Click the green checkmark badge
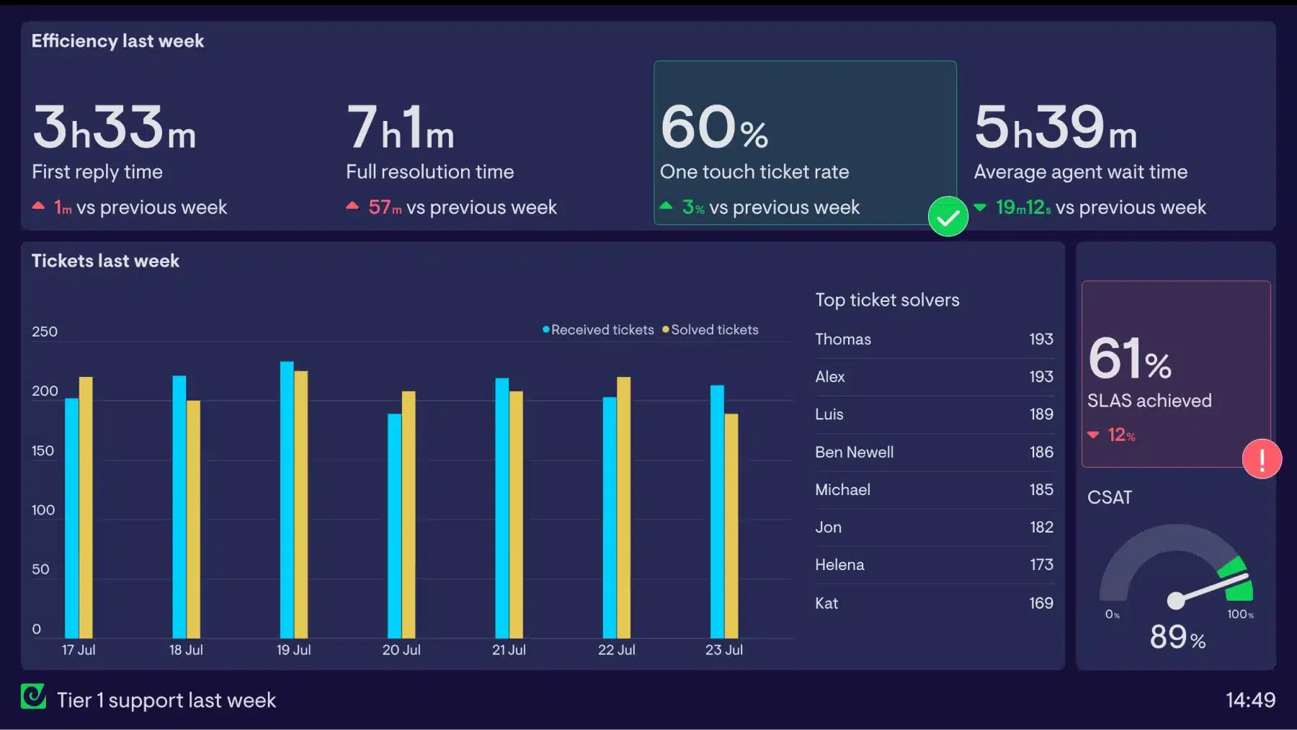click(x=948, y=216)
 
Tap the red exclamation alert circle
click(x=1262, y=459)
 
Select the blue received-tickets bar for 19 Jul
click(x=287, y=499)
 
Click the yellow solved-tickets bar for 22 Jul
click(x=623, y=507)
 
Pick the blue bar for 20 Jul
click(x=394, y=526)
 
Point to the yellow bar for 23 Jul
click(x=731, y=526)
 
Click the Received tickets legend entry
click(x=598, y=329)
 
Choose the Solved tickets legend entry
click(x=710, y=329)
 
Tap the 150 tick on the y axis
click(x=43, y=450)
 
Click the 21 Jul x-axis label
click(x=509, y=649)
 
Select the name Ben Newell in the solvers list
click(x=854, y=452)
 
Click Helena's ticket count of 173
click(x=1041, y=564)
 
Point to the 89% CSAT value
click(x=1177, y=637)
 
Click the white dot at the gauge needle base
click(x=1175, y=600)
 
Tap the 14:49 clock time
click(x=1250, y=700)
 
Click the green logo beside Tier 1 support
click(x=33, y=696)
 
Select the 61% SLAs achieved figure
click(x=1130, y=358)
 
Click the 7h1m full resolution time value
click(x=400, y=127)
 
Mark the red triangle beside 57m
click(x=352, y=206)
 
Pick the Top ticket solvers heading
click(x=887, y=300)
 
